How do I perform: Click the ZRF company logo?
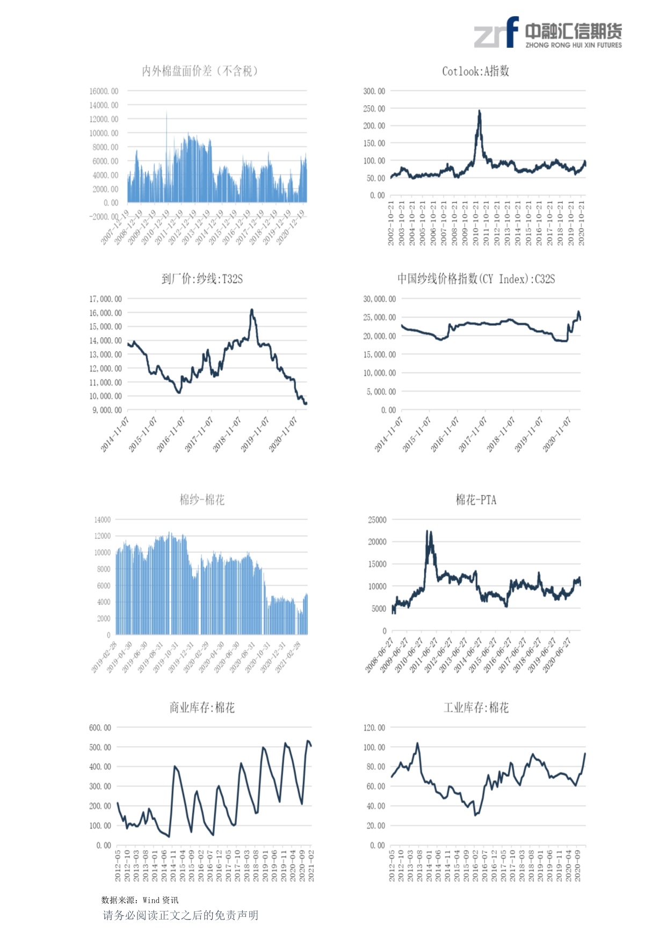547,33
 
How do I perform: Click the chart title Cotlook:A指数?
475,71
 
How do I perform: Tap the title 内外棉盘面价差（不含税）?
200,71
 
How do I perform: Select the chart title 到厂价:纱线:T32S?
202,279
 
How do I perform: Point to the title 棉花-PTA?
476,500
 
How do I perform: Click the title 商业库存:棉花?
202,708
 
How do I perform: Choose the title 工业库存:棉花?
476,708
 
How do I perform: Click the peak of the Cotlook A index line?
479,111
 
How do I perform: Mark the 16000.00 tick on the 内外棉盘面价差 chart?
104,91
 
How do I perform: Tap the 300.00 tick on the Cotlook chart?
374,91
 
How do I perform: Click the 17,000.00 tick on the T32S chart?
105,299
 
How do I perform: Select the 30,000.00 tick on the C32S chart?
379,299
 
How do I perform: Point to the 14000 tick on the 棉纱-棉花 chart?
102,520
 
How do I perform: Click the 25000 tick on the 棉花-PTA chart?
377,520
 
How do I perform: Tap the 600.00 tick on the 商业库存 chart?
100,728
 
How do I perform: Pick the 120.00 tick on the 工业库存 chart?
374,728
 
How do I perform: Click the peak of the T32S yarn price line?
251,310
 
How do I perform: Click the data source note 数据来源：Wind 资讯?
140,900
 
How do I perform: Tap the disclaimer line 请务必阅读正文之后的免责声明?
180,915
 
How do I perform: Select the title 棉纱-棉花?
202,500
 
